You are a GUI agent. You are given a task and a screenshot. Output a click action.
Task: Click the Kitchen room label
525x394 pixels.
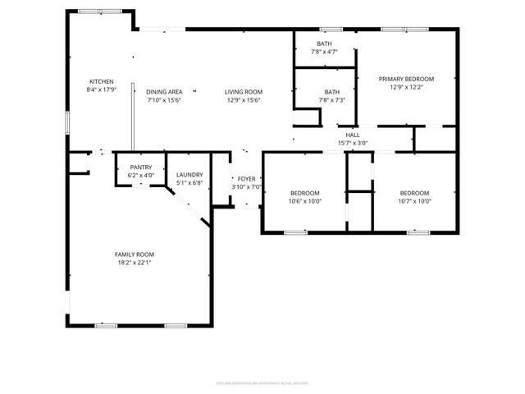[101, 81]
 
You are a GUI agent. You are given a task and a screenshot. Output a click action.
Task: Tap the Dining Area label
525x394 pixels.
[164, 91]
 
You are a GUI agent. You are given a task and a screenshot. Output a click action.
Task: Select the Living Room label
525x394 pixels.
[244, 91]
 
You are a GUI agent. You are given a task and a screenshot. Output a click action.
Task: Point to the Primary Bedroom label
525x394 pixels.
[406, 79]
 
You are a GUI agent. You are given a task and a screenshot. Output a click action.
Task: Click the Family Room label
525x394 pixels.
[134, 254]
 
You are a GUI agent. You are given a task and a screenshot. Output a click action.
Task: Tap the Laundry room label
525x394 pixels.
[189, 174]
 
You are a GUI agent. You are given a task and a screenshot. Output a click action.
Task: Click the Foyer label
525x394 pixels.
[246, 178]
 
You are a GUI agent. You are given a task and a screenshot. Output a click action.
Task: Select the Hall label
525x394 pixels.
[353, 135]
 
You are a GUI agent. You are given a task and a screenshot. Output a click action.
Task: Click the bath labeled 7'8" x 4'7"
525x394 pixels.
[324, 44]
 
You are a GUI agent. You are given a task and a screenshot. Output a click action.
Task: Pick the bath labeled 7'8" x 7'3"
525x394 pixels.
[331, 92]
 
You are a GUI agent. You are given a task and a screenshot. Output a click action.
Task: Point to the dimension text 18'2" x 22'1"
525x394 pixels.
[134, 263]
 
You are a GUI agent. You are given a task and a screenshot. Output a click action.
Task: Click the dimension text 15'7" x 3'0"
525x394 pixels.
[353, 143]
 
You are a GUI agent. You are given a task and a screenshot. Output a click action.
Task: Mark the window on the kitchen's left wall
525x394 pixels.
[67, 121]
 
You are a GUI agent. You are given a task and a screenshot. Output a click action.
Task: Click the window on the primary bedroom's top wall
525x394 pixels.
[404, 30]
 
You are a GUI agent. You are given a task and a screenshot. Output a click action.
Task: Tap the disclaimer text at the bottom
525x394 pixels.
[262, 382]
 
